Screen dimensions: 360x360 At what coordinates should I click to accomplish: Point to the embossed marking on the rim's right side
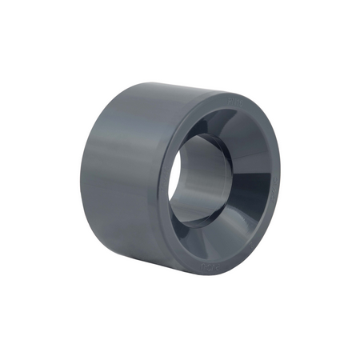tap(276, 172)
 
